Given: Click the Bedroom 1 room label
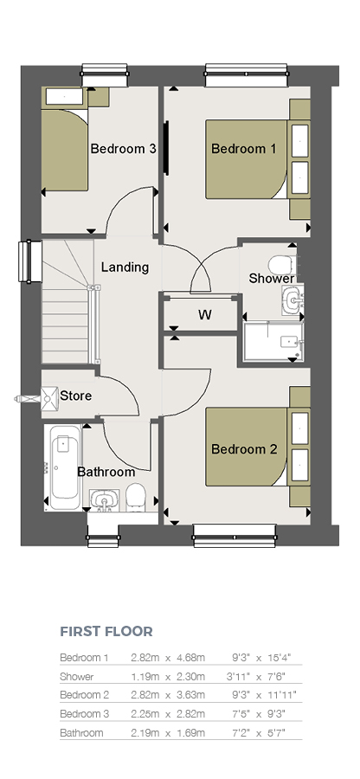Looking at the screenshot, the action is (244, 149).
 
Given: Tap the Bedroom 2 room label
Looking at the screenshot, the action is (244, 449).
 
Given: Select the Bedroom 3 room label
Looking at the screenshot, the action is (124, 149).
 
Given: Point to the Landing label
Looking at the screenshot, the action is (125, 267).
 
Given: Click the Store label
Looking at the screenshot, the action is (76, 396).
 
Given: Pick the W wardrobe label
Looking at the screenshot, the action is (204, 315).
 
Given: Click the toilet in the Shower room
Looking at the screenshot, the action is (282, 265).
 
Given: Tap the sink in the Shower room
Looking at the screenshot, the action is (292, 300).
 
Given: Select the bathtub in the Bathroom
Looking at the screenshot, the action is (62, 467).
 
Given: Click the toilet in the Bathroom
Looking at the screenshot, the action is (135, 498).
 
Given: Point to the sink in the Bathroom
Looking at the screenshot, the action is (104, 500).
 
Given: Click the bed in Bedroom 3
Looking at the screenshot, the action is (65, 150).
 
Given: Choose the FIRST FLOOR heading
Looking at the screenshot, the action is (106, 632).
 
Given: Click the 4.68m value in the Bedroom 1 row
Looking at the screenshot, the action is (190, 658).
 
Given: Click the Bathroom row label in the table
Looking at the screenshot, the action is (81, 733).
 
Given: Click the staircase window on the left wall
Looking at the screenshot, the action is (30, 261).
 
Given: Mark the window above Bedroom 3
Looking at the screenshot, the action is (105, 75).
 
